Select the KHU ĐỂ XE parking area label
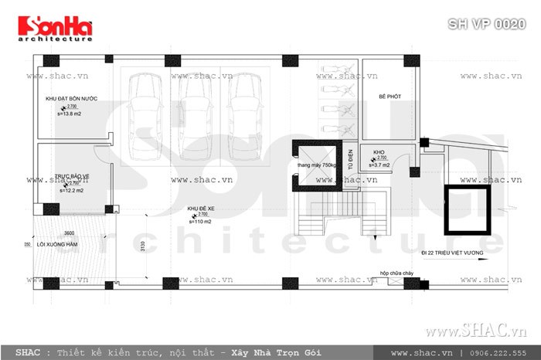point(199,209)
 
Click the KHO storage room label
point(379,152)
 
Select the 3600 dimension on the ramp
point(69,233)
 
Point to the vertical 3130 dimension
point(142,246)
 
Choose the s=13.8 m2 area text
point(70,114)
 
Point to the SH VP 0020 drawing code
point(487,22)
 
